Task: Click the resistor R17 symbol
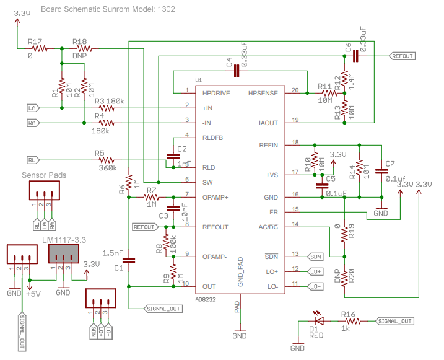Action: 40,48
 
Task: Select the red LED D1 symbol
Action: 320,321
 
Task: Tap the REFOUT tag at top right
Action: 402,56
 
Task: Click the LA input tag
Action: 33,108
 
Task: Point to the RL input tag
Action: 33,160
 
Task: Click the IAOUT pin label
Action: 267,123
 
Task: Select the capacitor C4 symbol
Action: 236,71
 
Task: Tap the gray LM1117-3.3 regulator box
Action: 64,253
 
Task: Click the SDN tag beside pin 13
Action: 316,256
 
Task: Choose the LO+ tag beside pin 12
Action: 316,271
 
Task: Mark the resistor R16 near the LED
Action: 352,321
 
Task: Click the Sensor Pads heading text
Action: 44,175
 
